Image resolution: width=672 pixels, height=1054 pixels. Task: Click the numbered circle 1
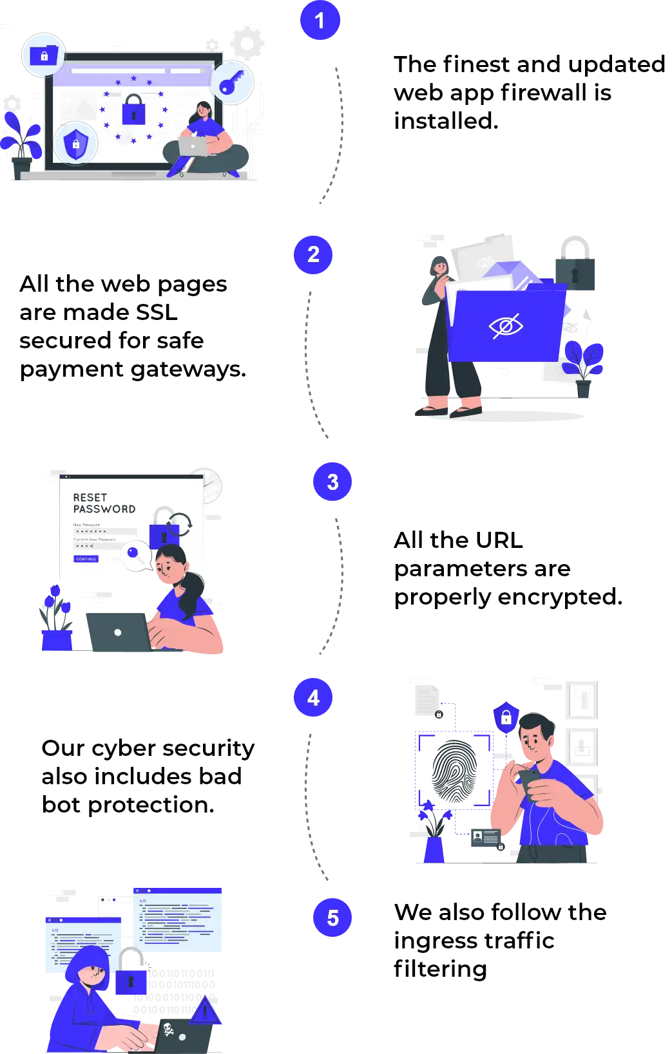coord(320,21)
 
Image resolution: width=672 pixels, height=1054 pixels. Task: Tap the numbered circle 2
coord(313,254)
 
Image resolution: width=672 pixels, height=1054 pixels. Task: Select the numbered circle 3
coord(332,482)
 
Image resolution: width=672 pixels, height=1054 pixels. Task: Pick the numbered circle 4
coord(313,697)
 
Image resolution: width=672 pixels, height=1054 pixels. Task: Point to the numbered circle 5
coord(332,918)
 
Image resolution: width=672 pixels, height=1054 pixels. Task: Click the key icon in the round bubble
coord(231,84)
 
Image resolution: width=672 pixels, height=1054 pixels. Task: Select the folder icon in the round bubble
coord(44,55)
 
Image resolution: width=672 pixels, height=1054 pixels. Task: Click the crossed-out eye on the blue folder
coord(506,326)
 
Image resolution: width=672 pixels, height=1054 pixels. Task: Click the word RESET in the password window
coord(90,498)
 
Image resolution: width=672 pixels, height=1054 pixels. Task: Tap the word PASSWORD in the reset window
coord(104,509)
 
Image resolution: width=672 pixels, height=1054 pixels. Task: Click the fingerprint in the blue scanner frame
coord(454,770)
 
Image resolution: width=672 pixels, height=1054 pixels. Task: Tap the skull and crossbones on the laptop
coord(169,1030)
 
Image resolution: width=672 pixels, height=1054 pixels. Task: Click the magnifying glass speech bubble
coord(135,554)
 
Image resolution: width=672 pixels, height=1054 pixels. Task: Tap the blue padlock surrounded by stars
coord(133,110)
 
